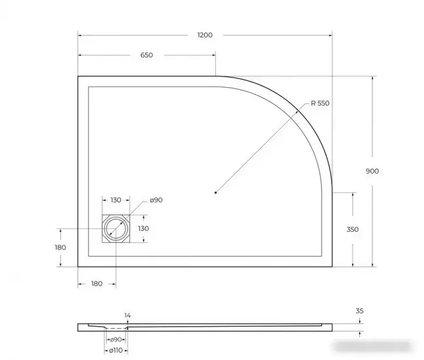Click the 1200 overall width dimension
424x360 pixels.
tap(205, 35)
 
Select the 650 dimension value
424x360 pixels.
tap(146, 55)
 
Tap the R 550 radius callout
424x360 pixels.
tap(320, 103)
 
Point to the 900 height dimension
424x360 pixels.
tap(372, 171)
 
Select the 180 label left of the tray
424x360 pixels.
tap(61, 247)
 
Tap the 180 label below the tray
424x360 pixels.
tap(96, 283)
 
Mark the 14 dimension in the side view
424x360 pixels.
tap(127, 315)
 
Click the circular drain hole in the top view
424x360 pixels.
tap(116, 228)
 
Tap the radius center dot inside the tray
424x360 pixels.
tap(216, 192)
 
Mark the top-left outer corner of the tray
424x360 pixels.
tap(79, 77)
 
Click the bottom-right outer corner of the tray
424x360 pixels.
tap(332, 266)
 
